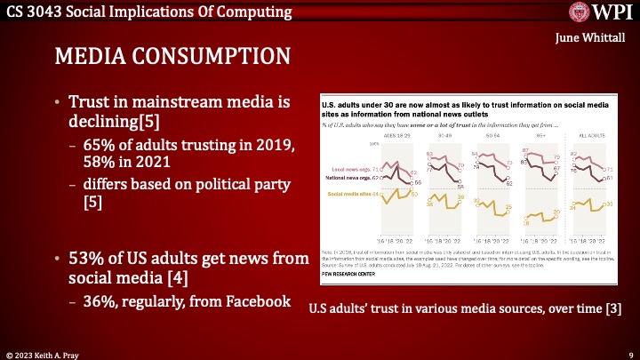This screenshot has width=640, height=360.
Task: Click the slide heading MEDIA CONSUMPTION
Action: pos(172,56)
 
